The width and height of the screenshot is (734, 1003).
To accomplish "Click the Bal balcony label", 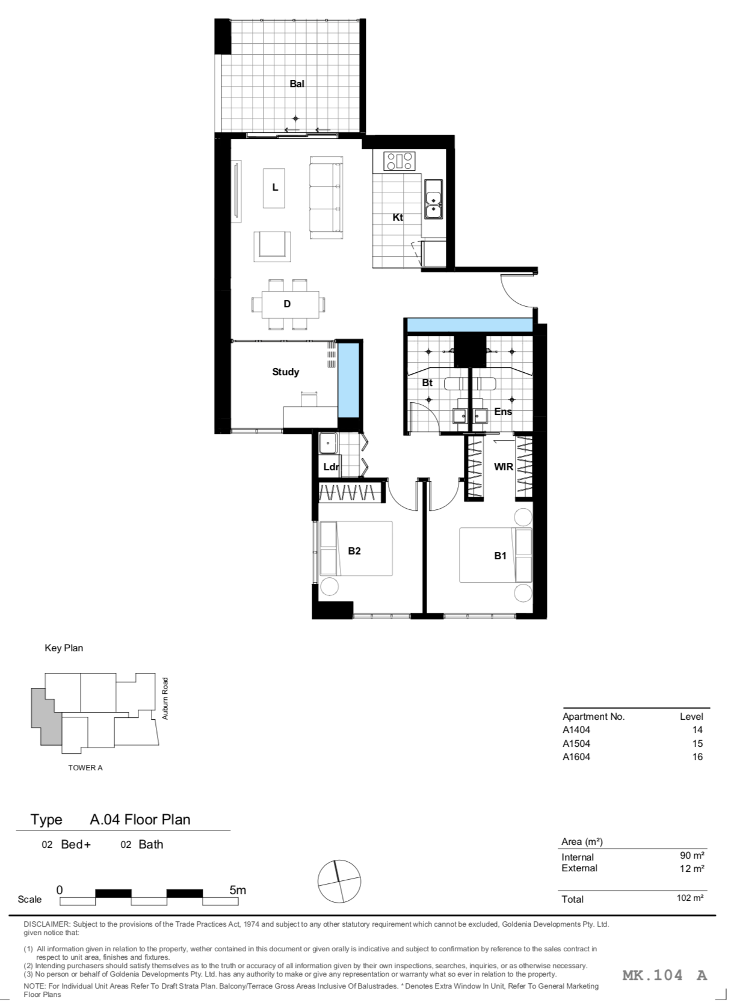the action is click(x=297, y=84).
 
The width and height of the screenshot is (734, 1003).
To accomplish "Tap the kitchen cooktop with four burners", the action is click(x=399, y=162).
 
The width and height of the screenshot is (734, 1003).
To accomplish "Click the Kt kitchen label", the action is click(x=398, y=217).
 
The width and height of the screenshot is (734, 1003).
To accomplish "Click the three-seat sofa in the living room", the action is click(x=326, y=197).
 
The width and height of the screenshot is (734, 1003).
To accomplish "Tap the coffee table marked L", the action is click(x=274, y=188).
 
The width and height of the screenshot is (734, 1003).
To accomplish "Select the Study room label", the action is click(x=285, y=372).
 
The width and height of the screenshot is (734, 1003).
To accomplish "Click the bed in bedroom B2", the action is click(x=356, y=548).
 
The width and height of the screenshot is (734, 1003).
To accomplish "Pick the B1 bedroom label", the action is click(x=500, y=556).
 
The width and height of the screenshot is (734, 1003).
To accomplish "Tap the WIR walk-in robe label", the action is click(x=503, y=467).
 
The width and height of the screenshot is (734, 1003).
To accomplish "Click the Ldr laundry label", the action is click(x=331, y=467).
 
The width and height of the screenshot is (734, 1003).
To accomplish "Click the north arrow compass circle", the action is click(x=339, y=881).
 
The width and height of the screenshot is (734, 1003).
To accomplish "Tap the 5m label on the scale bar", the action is click(x=238, y=890).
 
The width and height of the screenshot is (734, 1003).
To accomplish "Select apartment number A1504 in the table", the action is click(x=576, y=743).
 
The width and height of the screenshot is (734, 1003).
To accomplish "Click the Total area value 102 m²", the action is click(x=690, y=897).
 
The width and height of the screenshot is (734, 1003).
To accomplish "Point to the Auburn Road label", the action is click(x=165, y=699).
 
